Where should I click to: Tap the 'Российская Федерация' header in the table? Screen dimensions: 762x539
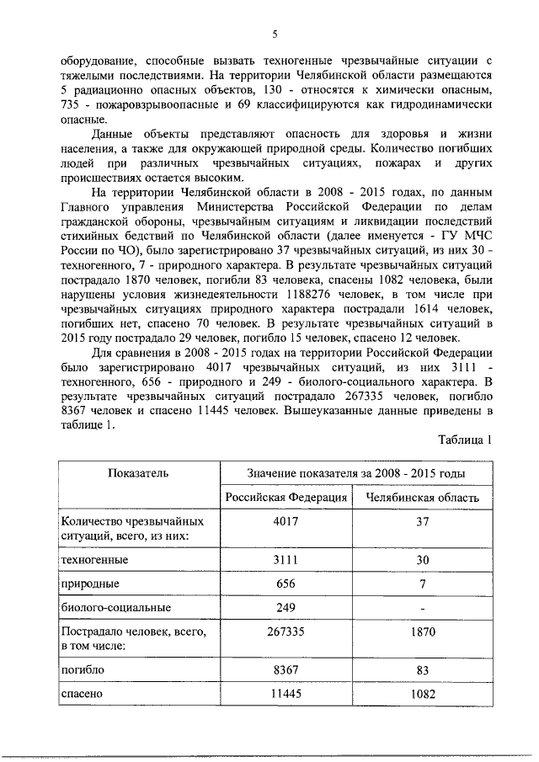pos(286,497)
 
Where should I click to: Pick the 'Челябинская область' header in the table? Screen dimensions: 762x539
pos(423,497)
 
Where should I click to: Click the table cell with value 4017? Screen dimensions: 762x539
pos(286,521)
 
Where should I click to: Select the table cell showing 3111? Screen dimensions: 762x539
pos(286,559)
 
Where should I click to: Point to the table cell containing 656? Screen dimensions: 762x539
pos(286,583)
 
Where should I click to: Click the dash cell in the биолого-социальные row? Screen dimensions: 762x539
pos(423,607)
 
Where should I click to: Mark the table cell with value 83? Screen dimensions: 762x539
pos(423,670)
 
